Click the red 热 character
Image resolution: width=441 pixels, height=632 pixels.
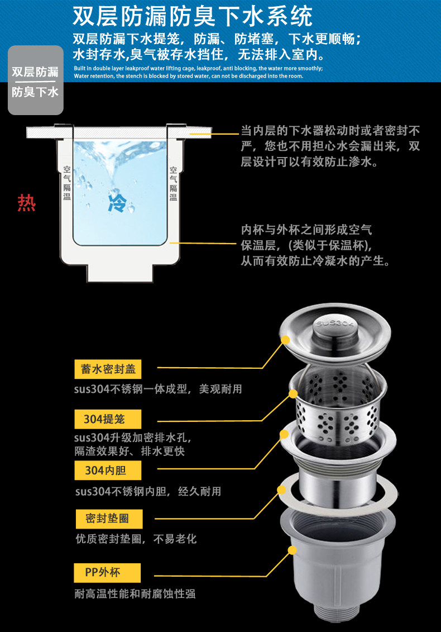click(27, 203)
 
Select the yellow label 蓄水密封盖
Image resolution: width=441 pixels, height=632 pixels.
click(108, 369)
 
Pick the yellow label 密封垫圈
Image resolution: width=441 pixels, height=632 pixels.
click(107, 519)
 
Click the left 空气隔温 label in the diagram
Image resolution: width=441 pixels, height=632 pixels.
click(66, 183)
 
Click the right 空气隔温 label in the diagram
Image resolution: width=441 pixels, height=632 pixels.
click(173, 183)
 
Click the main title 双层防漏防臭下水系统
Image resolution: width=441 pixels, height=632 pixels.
click(193, 17)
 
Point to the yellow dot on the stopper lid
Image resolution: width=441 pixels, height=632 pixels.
click(286, 340)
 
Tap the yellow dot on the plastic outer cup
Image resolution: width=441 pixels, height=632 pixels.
click(291, 550)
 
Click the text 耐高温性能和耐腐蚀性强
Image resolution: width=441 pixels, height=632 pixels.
click(135, 594)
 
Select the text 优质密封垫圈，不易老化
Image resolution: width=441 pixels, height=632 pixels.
click(136, 539)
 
